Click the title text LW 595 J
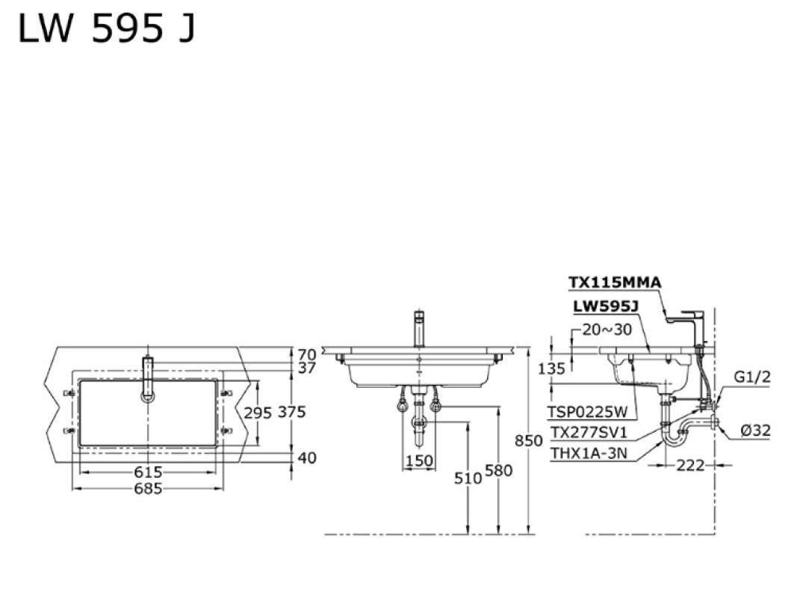click(x=107, y=28)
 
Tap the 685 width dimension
click(x=148, y=488)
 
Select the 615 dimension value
click(x=148, y=472)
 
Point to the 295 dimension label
click(x=258, y=413)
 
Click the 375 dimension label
click(x=292, y=412)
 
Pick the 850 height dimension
click(x=529, y=440)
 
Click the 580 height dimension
click(x=498, y=470)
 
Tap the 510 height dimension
click(x=468, y=478)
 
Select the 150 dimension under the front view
click(x=419, y=460)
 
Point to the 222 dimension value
click(x=690, y=465)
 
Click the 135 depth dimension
click(x=551, y=369)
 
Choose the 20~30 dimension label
click(x=607, y=330)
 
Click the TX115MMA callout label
click(x=615, y=283)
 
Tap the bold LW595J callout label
click(x=607, y=306)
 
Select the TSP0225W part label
click(x=588, y=412)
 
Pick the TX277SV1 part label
click(x=588, y=432)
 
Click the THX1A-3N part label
click(x=589, y=453)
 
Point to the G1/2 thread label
click(x=753, y=377)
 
